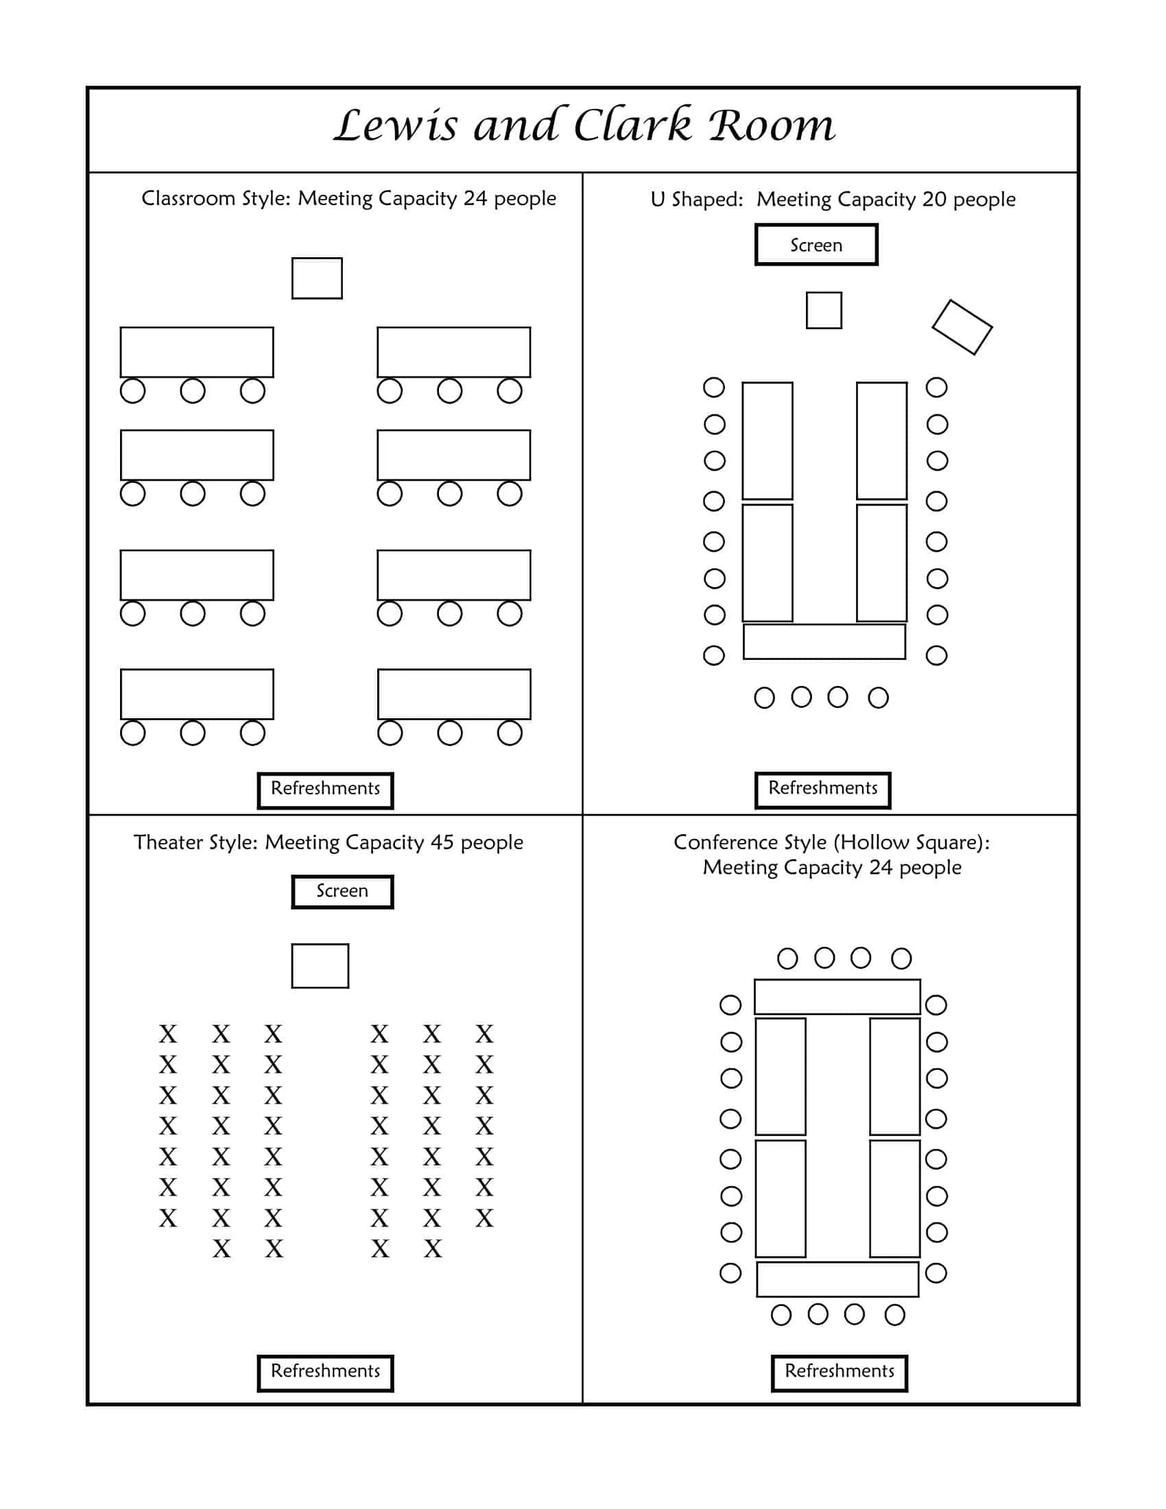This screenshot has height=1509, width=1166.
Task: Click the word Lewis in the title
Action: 395,126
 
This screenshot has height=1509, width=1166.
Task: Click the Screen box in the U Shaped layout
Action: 816,245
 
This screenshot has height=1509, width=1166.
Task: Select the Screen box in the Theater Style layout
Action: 342,891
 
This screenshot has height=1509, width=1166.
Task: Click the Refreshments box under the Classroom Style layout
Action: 325,789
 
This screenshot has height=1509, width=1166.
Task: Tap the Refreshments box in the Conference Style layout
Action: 840,1373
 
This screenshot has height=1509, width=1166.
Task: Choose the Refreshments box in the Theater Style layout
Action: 325,1373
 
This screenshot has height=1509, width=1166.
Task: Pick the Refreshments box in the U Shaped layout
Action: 822,789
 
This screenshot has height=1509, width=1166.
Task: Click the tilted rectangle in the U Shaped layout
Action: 962,327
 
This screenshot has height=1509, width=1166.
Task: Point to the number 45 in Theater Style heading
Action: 442,842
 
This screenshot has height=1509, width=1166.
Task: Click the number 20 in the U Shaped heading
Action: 934,200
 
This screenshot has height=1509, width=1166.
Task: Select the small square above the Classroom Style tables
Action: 317,278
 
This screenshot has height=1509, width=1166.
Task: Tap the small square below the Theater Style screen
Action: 320,966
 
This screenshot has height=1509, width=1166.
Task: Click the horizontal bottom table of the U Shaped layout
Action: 824,642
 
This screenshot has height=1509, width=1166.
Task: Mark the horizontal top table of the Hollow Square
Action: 837,997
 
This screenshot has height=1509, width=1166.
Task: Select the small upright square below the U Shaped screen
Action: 824,310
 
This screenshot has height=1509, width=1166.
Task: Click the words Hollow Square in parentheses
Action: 910,842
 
